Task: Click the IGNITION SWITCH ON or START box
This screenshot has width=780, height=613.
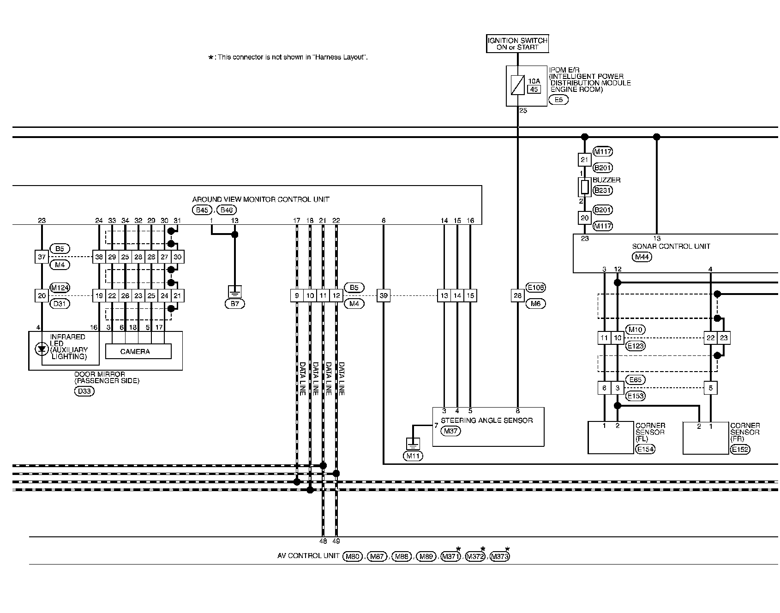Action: [x=517, y=44]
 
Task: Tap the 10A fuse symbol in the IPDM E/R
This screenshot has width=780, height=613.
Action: [x=518, y=85]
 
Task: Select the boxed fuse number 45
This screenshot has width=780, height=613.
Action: [x=534, y=90]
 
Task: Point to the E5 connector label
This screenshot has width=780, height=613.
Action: [x=558, y=100]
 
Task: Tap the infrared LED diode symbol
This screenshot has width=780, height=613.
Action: [x=42, y=349]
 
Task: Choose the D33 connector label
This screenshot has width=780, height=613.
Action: [x=84, y=391]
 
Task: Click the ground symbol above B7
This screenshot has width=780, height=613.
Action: [x=234, y=292]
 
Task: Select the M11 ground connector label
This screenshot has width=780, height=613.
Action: [x=413, y=456]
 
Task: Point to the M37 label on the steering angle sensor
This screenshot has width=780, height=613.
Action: [x=450, y=431]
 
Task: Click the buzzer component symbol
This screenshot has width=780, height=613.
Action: [x=585, y=187]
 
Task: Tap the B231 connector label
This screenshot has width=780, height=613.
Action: [x=603, y=190]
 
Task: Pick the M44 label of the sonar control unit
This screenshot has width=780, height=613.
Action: [x=642, y=257]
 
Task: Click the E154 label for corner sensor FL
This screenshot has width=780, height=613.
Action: [x=645, y=449]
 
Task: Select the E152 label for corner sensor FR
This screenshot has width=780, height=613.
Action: [x=740, y=449]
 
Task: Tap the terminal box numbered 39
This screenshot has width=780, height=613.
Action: [x=383, y=296]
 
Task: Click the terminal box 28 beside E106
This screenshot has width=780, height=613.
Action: [x=518, y=296]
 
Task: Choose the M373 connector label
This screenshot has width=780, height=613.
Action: [x=499, y=557]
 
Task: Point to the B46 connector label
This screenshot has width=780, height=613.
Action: [x=226, y=210]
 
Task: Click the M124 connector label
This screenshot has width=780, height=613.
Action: [x=60, y=288]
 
